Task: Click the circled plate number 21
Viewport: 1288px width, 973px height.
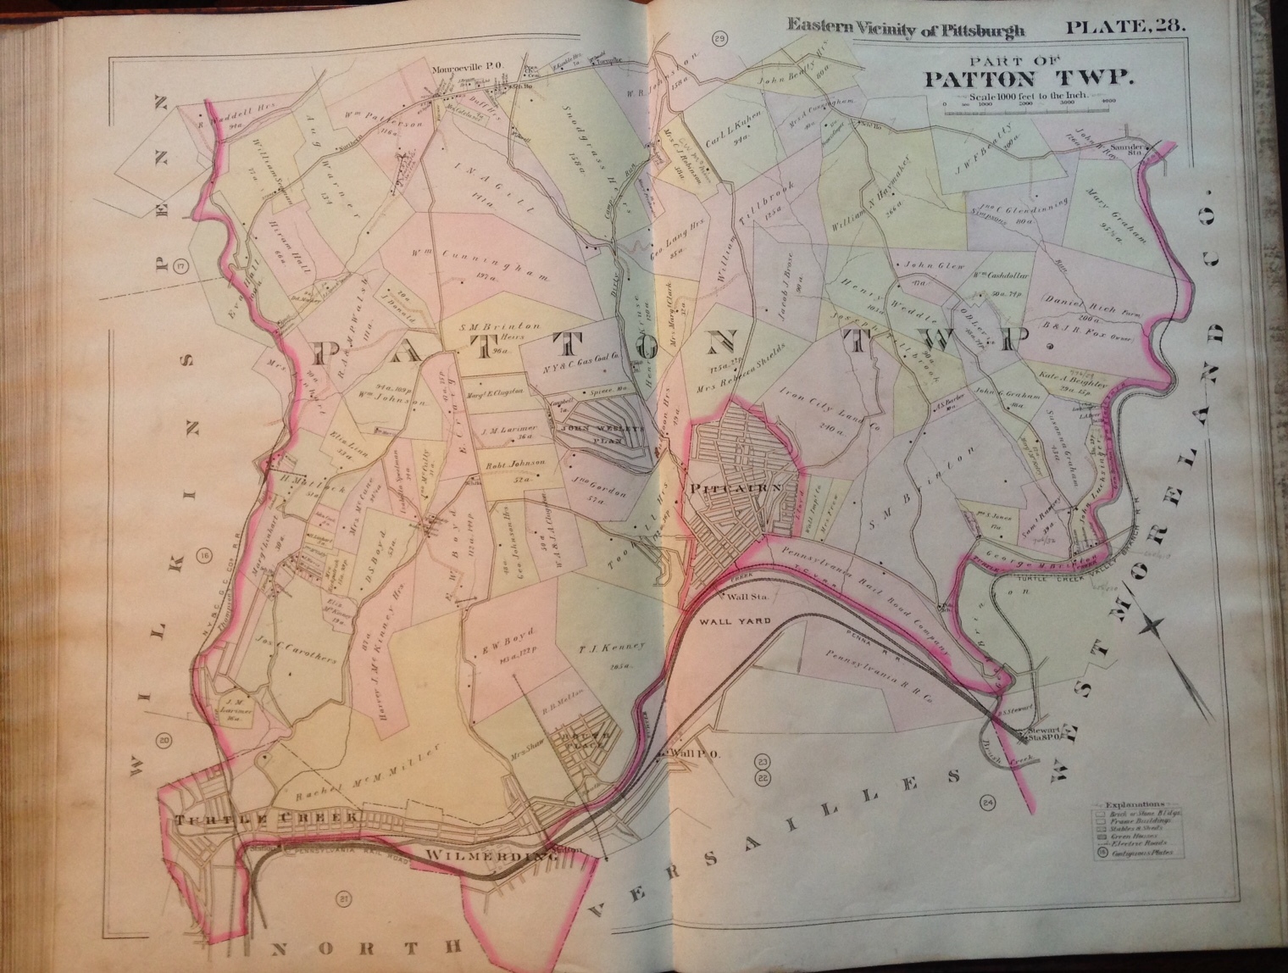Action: pyautogui.click(x=342, y=899)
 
